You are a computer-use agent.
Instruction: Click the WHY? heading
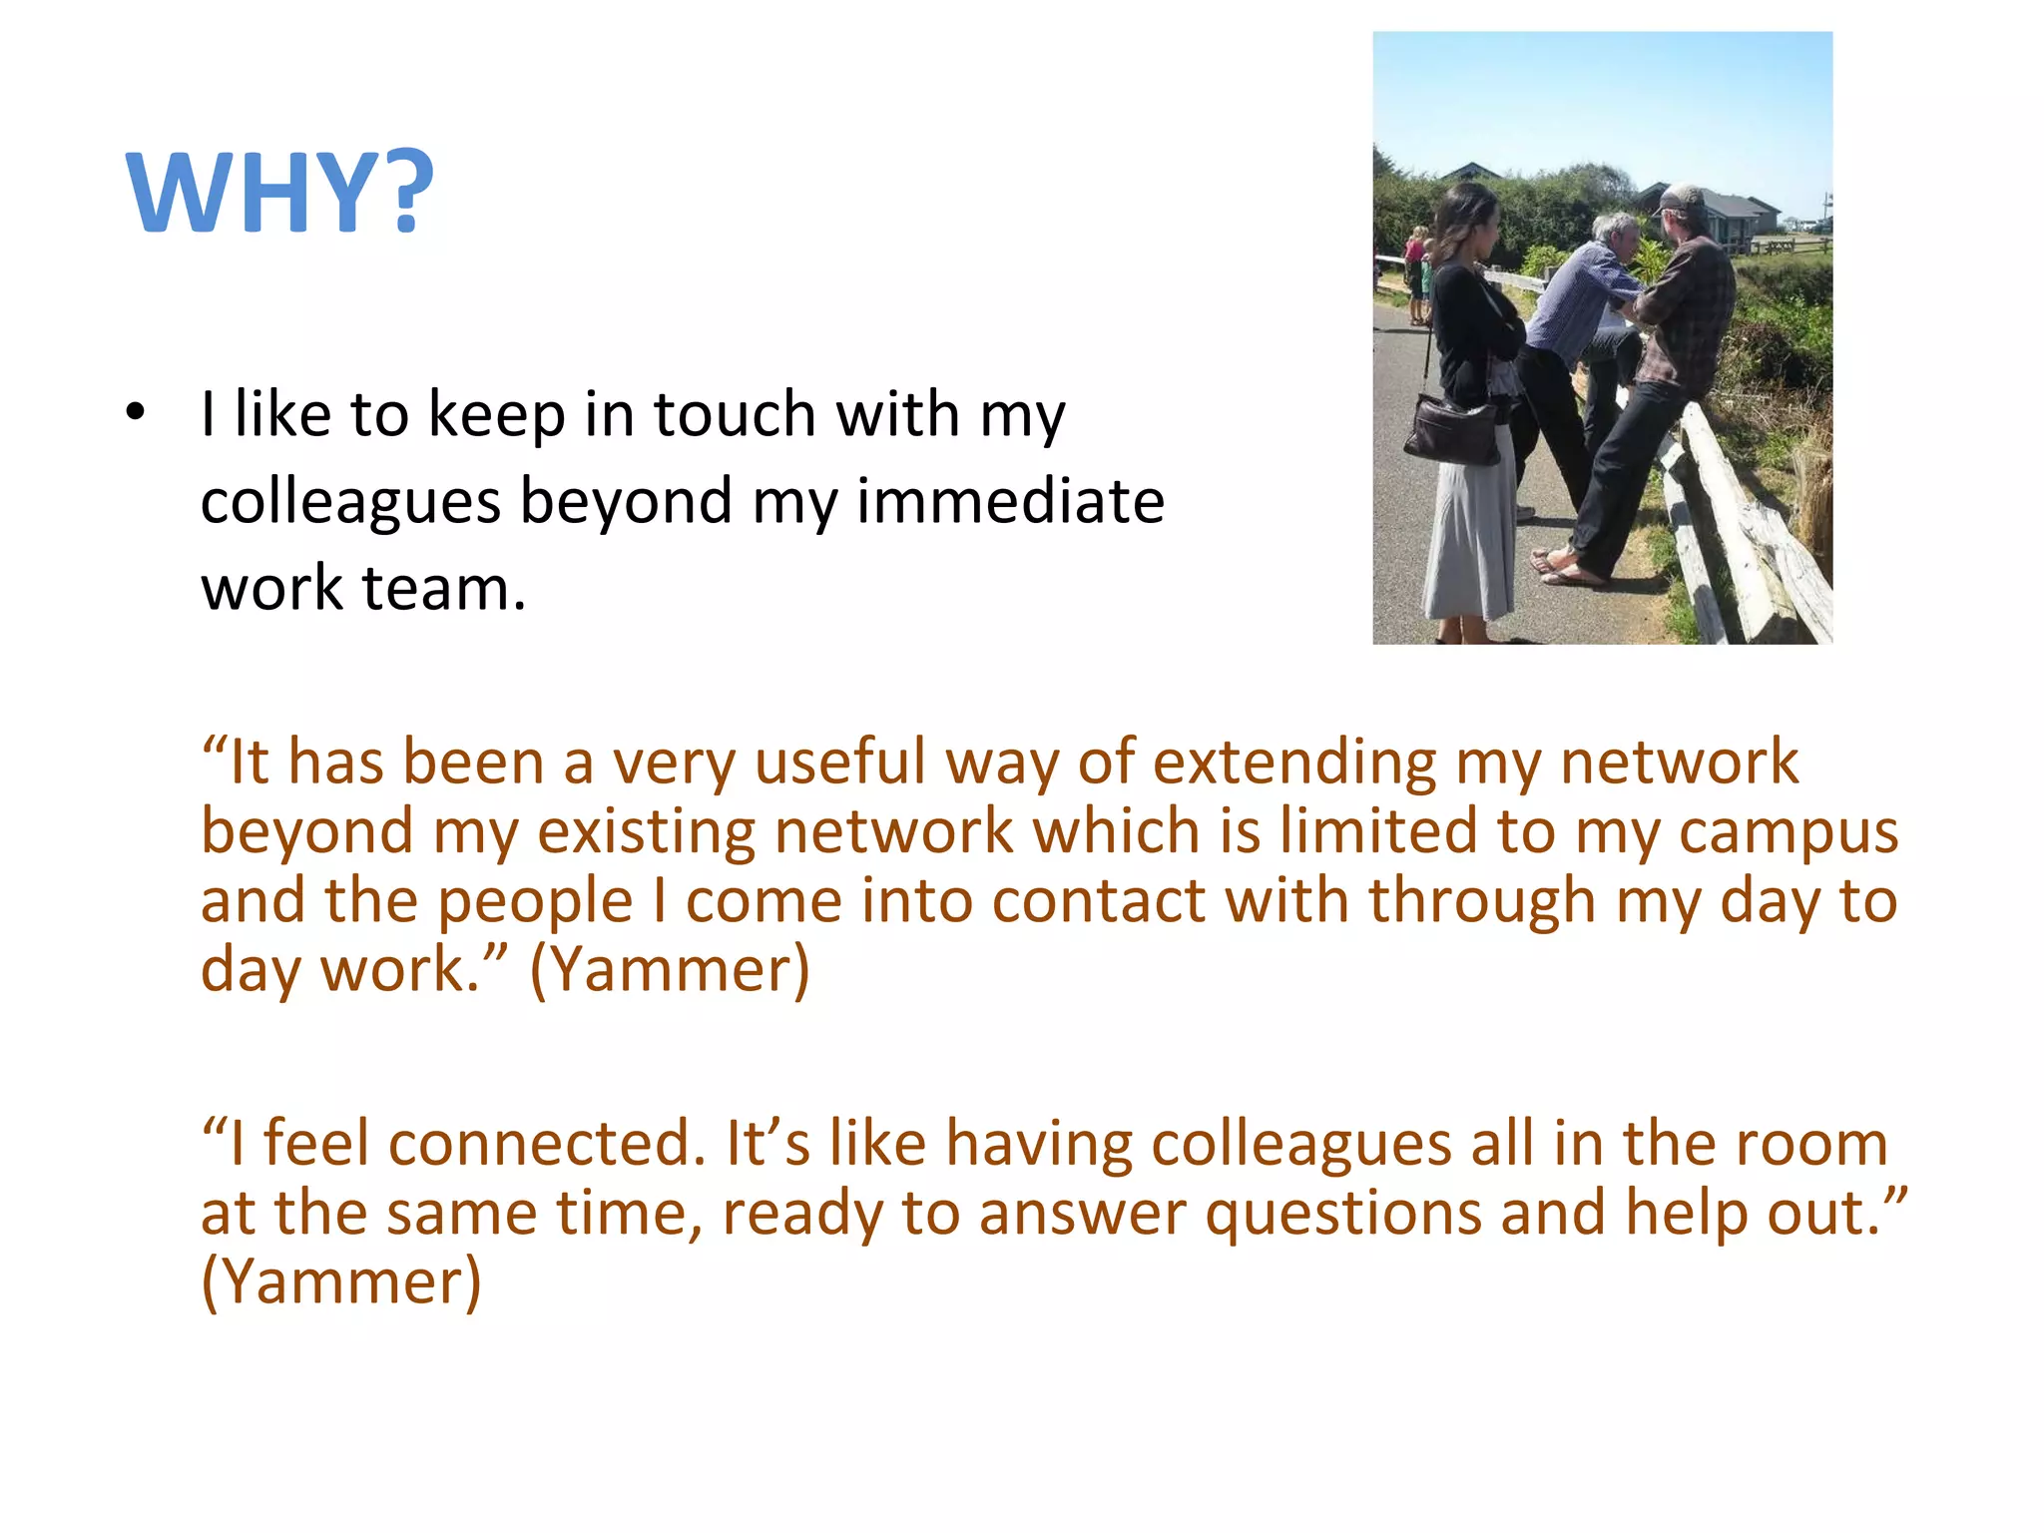[280, 193]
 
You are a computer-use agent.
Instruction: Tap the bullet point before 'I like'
[136, 411]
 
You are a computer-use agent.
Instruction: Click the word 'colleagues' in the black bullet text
[350, 501]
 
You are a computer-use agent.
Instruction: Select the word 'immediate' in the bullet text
[1010, 501]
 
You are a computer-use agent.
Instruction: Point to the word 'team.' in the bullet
[443, 588]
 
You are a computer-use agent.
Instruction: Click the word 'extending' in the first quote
[1294, 763]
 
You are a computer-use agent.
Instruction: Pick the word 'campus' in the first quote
[1788, 832]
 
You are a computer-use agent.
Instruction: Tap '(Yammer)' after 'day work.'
[670, 970]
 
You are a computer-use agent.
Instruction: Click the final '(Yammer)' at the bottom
[341, 1282]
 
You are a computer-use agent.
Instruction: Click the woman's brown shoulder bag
[1453, 429]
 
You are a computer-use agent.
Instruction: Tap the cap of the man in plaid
[1679, 197]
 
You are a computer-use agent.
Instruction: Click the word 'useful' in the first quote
[840, 763]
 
